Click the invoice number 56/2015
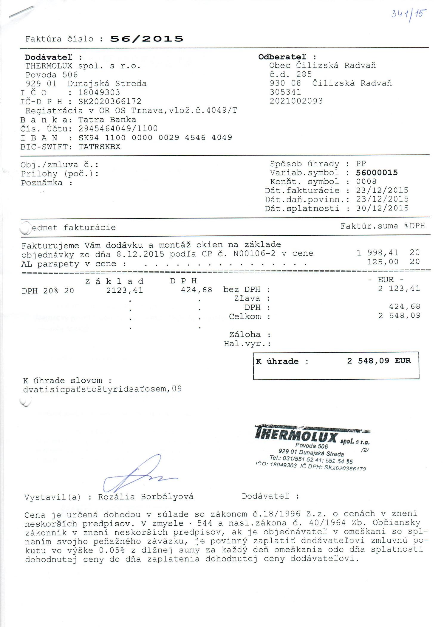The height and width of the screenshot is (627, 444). click(x=147, y=39)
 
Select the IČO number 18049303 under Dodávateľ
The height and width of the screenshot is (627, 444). click(x=99, y=93)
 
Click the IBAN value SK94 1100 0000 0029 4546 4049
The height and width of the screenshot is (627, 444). click(x=155, y=138)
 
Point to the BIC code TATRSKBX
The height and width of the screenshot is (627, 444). click(x=99, y=147)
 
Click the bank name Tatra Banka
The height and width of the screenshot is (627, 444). click(x=107, y=120)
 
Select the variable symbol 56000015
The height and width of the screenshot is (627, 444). click(x=377, y=173)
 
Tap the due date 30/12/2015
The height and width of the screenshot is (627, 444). click(x=382, y=208)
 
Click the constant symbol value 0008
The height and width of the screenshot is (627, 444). click(x=366, y=182)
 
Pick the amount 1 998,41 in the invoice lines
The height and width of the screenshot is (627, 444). click(x=377, y=253)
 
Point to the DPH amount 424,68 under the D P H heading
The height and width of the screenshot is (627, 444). click(x=197, y=290)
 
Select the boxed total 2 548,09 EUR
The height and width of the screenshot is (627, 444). click(x=379, y=361)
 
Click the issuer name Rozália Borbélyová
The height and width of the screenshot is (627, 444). click(x=146, y=497)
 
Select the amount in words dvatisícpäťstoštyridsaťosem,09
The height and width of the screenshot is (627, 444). click(x=102, y=389)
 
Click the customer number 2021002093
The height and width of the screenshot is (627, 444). click(x=296, y=101)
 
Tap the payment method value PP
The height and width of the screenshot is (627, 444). click(x=361, y=164)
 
